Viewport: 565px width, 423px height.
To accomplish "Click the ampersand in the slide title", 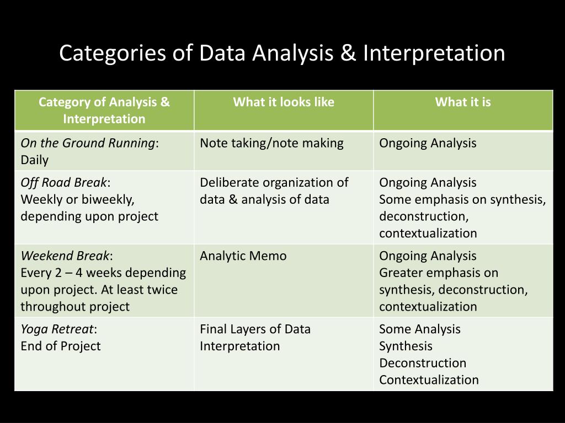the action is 347,53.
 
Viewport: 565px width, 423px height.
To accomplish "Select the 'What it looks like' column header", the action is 284,102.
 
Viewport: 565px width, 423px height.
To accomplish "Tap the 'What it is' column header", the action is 463,102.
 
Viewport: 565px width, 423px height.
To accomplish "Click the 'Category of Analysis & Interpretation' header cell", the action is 104,110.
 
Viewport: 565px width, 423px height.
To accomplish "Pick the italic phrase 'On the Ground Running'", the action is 88,143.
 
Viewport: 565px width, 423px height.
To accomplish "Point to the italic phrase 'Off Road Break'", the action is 63,182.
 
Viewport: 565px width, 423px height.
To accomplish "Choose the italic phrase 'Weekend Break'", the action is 65,256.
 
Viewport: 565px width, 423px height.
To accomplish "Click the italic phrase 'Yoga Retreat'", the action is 57,329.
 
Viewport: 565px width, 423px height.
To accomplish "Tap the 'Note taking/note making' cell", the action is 271,143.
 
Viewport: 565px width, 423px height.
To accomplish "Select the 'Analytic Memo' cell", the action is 243,256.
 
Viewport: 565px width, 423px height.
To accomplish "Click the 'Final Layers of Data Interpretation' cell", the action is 255,337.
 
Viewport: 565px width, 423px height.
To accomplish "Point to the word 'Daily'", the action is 34,160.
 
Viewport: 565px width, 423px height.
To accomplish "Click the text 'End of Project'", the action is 61,346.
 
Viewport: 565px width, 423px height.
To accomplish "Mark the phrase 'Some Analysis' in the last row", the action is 419,329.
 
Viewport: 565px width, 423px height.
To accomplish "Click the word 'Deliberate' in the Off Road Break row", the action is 229,182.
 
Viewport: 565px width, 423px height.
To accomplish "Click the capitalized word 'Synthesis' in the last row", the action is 406,346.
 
